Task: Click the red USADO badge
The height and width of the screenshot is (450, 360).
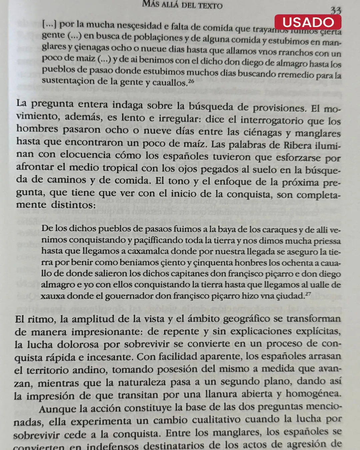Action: [x=308, y=22]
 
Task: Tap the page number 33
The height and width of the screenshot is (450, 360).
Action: [x=336, y=10]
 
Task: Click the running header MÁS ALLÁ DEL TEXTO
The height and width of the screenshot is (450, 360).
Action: [x=182, y=5]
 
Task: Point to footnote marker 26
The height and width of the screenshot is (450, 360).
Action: [x=191, y=81]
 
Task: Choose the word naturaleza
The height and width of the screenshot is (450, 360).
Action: [x=139, y=382]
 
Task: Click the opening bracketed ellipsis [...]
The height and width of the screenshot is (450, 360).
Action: [x=49, y=24]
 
